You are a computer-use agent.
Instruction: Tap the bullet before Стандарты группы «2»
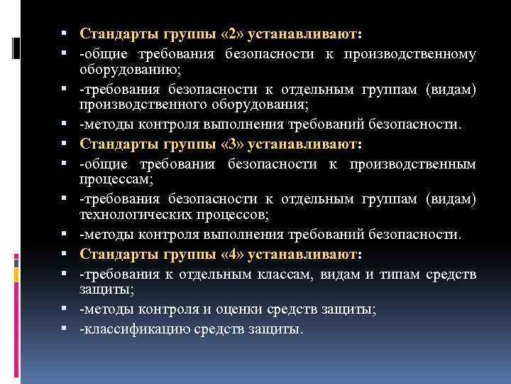click(x=65, y=34)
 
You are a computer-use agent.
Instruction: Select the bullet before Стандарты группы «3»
click(x=65, y=144)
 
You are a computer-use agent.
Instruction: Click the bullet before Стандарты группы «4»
click(x=65, y=255)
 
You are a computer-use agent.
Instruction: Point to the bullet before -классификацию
click(x=65, y=329)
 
